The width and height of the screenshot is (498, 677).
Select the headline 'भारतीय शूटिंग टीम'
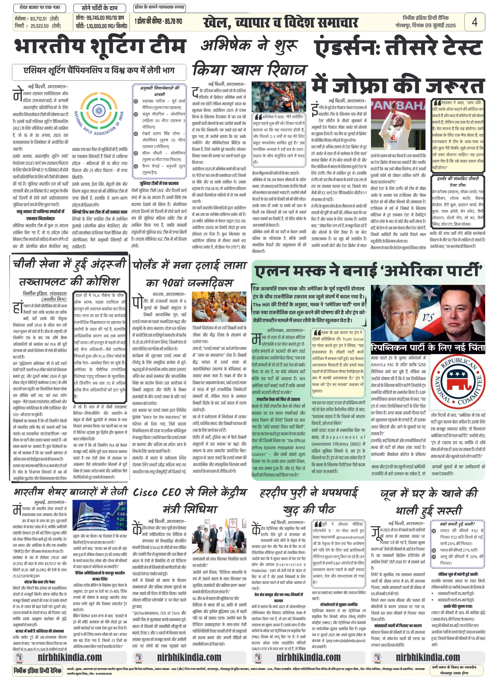click(x=100, y=47)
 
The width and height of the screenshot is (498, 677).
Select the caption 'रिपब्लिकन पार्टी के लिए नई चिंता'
click(x=427, y=347)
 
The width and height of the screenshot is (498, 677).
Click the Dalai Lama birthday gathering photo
click(x=219, y=307)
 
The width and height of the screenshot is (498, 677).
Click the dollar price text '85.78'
click(x=172, y=22)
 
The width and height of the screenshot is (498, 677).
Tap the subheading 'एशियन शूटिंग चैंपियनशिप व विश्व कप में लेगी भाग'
click(x=99, y=71)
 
